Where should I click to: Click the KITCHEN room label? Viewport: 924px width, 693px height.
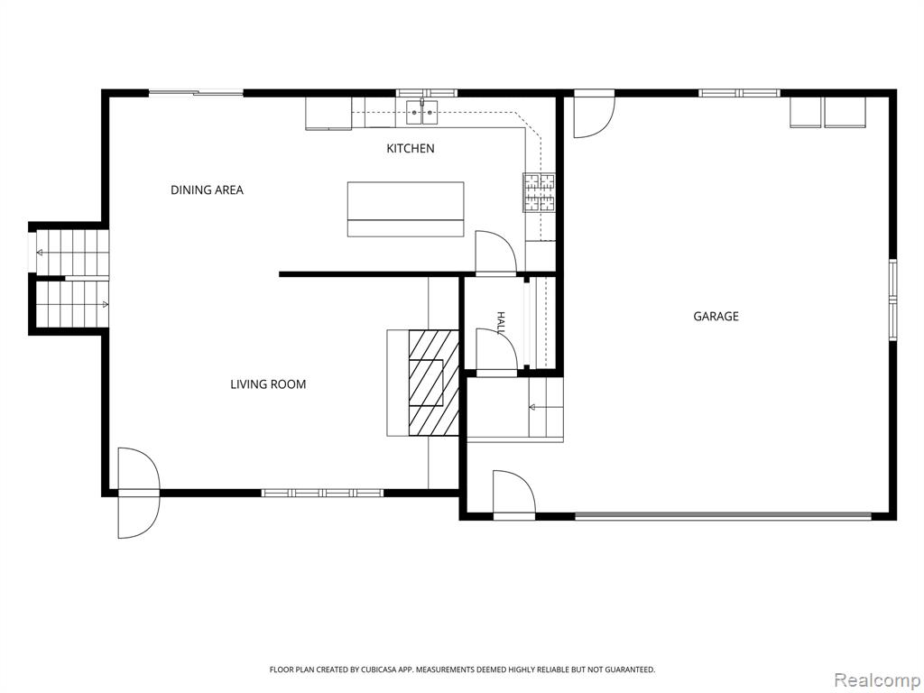point(411,149)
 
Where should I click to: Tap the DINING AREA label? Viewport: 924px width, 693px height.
point(207,189)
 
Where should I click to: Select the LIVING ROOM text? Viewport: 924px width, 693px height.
point(268,384)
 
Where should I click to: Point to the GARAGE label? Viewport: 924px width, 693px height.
point(716,316)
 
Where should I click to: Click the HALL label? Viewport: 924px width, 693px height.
point(501,324)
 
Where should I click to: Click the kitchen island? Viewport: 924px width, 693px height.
point(405,209)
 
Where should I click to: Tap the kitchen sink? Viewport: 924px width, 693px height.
point(422,113)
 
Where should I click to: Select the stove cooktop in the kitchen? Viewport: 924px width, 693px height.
point(540,192)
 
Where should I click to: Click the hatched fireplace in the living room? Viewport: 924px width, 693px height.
point(434,383)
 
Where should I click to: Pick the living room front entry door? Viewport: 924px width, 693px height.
point(138,492)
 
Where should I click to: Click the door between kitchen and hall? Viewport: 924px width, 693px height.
point(496,253)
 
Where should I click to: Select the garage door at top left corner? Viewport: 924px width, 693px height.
point(594,114)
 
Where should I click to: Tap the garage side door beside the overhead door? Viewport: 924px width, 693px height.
point(513,494)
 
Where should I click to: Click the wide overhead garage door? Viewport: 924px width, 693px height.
point(723,516)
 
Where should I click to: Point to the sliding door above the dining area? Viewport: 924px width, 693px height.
point(196,93)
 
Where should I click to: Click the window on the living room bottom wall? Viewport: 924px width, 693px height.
point(322,493)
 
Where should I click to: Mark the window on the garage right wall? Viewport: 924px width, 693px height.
point(892,300)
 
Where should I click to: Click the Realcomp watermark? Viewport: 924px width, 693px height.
point(876,680)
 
